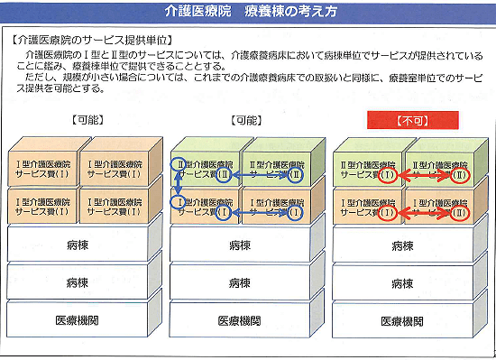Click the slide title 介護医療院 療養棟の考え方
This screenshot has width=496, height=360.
[249, 12]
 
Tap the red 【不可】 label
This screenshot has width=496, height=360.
[413, 120]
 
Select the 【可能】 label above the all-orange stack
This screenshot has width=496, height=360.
[84, 120]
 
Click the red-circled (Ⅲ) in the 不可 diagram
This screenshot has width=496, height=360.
[462, 214]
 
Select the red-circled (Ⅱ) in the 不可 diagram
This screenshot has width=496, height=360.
[462, 174]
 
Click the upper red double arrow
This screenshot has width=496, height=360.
[423, 174]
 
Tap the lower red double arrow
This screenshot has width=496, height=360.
[423, 214]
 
